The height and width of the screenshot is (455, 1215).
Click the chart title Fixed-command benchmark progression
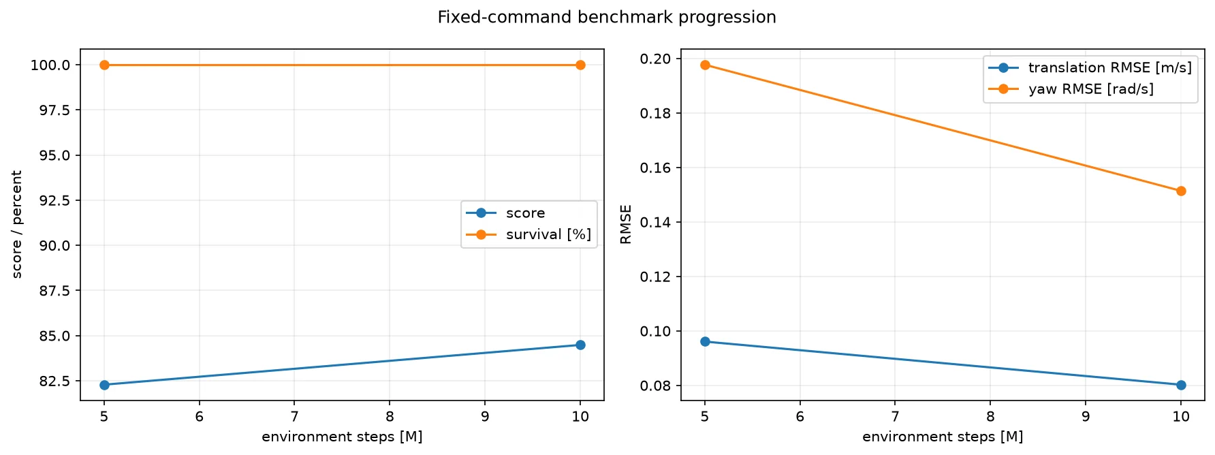pyautogui.click(x=607, y=17)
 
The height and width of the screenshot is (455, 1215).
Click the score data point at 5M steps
pyautogui.click(x=104, y=385)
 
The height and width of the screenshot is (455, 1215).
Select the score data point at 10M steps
pyautogui.click(x=580, y=345)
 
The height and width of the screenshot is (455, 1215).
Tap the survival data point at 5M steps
pyautogui.click(x=104, y=65)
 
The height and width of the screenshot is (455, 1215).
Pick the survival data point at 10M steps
pyautogui.click(x=580, y=65)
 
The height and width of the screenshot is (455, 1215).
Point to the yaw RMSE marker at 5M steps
pyautogui.click(x=705, y=65)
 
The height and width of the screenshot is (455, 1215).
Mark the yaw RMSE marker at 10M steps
pyautogui.click(x=1181, y=191)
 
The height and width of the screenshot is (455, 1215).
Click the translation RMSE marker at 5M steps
pyautogui.click(x=705, y=341)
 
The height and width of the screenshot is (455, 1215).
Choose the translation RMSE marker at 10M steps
pyautogui.click(x=1181, y=385)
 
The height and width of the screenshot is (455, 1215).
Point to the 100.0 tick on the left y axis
pyautogui.click(x=50, y=65)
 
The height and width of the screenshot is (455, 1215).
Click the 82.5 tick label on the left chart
pyautogui.click(x=54, y=381)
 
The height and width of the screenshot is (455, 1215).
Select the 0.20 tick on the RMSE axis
pyautogui.click(x=656, y=59)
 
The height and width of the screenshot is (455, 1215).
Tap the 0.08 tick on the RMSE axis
pyautogui.click(x=656, y=386)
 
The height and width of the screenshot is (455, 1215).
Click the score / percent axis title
pyautogui.click(x=17, y=224)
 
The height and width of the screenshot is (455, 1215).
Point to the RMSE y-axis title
pyautogui.click(x=626, y=224)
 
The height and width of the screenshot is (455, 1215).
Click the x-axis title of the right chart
pyautogui.click(x=943, y=437)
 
